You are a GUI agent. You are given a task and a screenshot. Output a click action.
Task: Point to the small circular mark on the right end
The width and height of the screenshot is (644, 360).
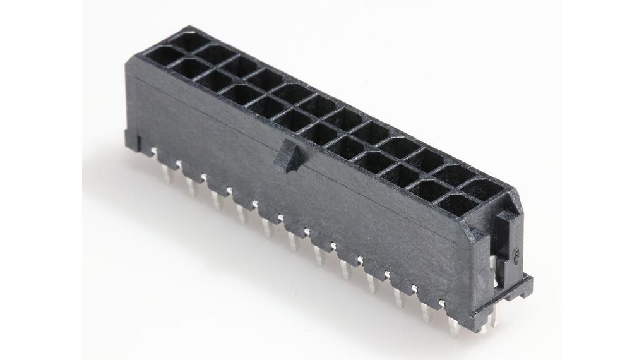click(x=515, y=256)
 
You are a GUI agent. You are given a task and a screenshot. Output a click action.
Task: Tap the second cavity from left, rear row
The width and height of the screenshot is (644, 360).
click(x=213, y=56)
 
